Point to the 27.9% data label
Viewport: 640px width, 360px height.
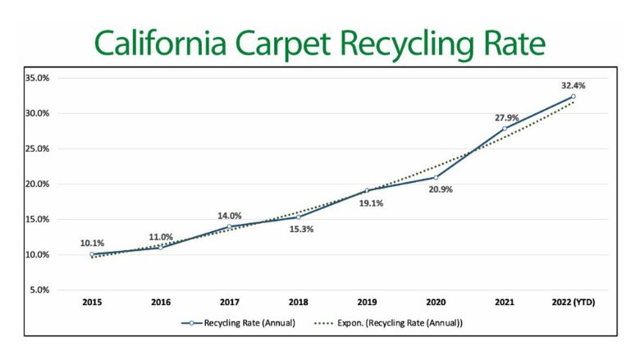(x=505, y=118)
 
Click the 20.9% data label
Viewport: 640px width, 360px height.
(x=437, y=189)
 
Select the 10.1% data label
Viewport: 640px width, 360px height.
(x=93, y=243)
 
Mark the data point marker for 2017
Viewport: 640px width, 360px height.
(x=230, y=226)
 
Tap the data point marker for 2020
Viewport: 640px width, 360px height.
(x=436, y=178)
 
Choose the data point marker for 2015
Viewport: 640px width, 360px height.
(x=93, y=254)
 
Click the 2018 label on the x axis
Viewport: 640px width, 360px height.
(x=298, y=303)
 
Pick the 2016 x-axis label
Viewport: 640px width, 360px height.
(x=161, y=303)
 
